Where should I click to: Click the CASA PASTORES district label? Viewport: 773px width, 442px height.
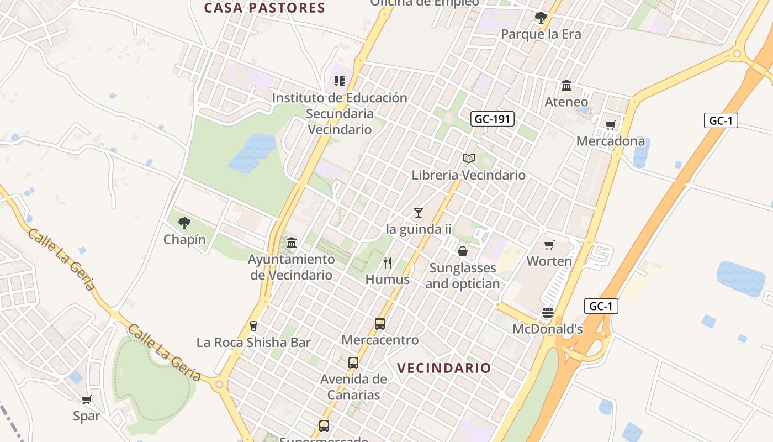pos(264,8)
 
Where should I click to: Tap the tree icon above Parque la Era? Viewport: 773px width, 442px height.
pos(541,18)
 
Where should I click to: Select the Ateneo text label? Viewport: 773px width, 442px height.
pos(566,102)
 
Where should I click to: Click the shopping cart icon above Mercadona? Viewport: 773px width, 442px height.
pos(610,125)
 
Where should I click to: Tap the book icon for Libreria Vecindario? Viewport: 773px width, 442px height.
pos(469,159)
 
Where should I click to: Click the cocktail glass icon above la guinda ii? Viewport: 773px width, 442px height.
pos(419,212)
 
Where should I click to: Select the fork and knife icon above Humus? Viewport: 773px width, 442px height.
pos(388,262)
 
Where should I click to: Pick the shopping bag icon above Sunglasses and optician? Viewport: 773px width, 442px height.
pos(463,251)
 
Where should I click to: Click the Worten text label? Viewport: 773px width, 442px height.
pos(549,261)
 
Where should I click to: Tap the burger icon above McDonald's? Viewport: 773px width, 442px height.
pos(547,313)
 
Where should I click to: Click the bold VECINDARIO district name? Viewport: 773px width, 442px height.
pos(444,368)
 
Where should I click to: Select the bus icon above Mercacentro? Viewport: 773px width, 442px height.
pos(380,323)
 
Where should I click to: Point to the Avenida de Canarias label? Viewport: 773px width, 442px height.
pos(353,387)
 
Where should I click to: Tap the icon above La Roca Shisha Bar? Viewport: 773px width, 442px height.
pos(253,326)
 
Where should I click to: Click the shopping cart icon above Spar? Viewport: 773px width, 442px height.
pos(86,399)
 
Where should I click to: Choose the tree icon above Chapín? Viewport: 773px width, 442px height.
pos(184,223)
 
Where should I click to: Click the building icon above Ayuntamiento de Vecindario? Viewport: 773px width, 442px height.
pos(292,243)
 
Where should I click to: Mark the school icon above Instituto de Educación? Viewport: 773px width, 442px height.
pos(340,82)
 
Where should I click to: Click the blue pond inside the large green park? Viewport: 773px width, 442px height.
pos(252,152)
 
